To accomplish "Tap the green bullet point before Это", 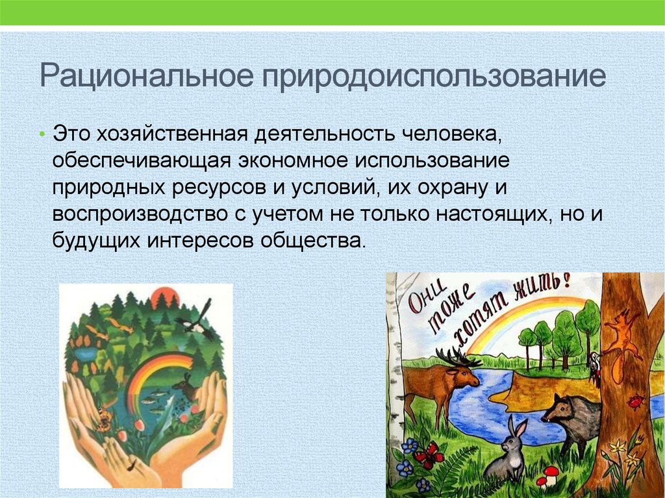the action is pos(42,134).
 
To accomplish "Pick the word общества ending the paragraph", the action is pos(312,241).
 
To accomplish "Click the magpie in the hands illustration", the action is pos(196,320).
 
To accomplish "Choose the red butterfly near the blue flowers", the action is pos(427,456).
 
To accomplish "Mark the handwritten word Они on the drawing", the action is pos(425,299).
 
